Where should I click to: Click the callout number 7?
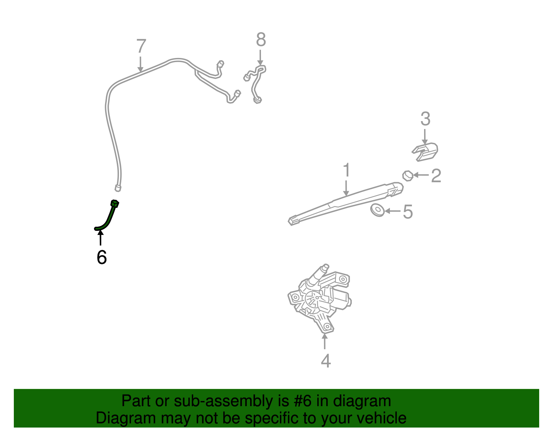click(x=141, y=46)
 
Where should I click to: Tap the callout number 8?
click(x=261, y=40)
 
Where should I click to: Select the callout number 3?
click(x=425, y=119)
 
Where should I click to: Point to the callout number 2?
click(x=436, y=176)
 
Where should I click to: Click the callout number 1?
click(x=347, y=170)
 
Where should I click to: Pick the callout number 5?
click(x=408, y=212)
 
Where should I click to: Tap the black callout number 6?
click(x=102, y=257)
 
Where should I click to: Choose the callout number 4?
click(x=326, y=361)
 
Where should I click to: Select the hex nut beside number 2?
click(x=408, y=176)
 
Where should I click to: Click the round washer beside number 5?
click(x=377, y=210)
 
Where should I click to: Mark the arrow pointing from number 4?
click(x=325, y=342)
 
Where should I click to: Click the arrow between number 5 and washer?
click(x=392, y=211)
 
